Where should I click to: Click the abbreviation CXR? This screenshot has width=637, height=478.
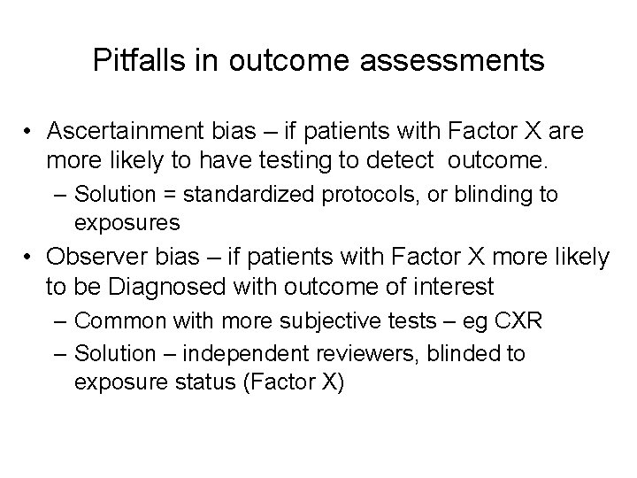click(521, 320)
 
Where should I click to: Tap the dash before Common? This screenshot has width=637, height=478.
click(59, 321)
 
